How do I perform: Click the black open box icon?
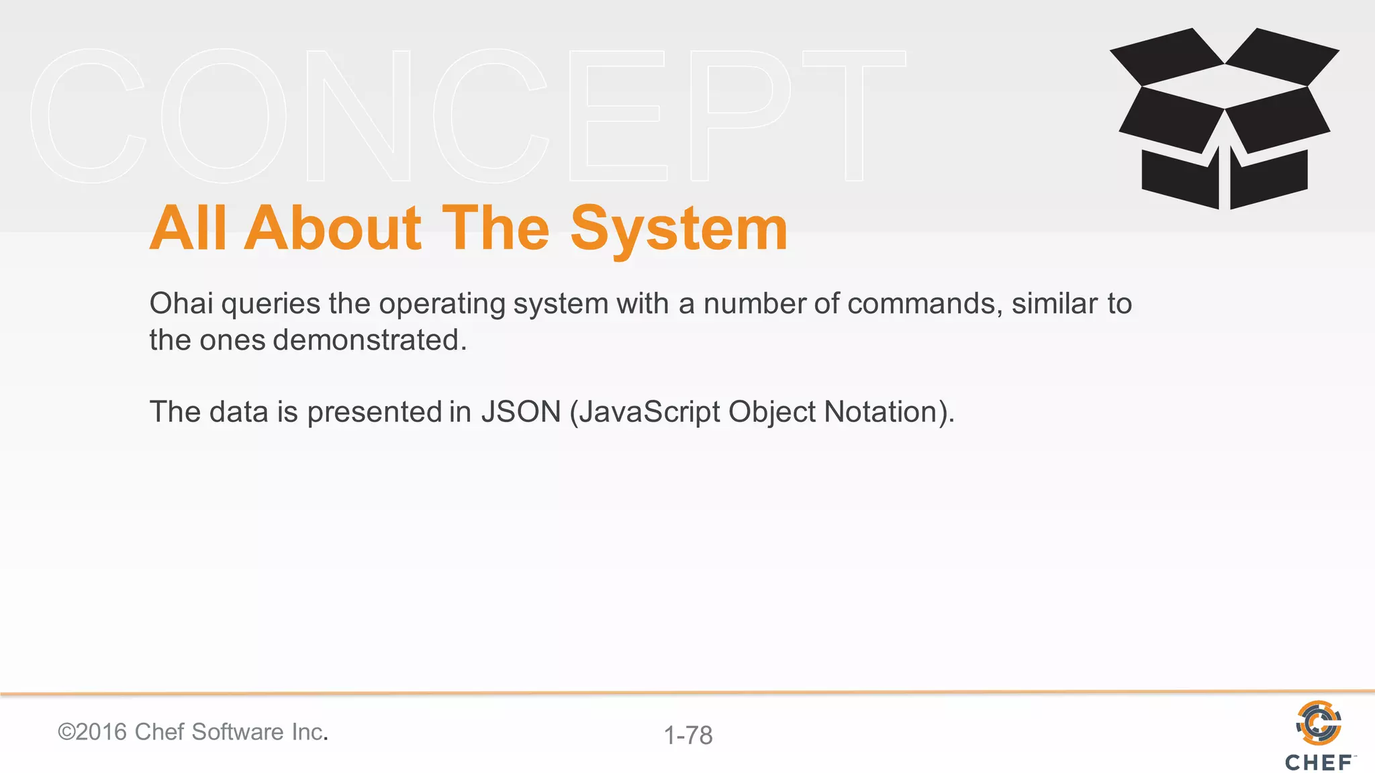(1224, 119)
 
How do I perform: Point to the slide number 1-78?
(688, 735)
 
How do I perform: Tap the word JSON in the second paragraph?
(521, 412)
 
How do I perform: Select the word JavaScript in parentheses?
(649, 412)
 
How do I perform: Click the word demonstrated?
(369, 340)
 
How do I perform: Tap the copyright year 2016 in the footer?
(101, 732)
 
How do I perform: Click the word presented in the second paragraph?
(374, 412)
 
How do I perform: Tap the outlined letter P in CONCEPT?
(739, 115)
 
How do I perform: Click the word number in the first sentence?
(755, 303)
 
